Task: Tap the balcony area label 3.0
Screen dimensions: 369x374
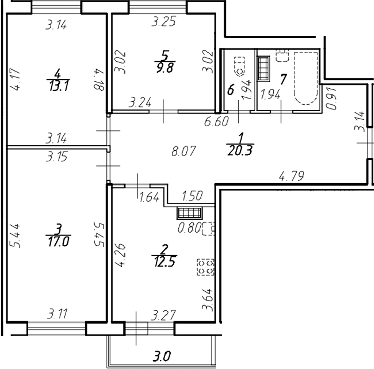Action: click(162, 355)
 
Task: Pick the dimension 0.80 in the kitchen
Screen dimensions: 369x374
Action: click(188, 228)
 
